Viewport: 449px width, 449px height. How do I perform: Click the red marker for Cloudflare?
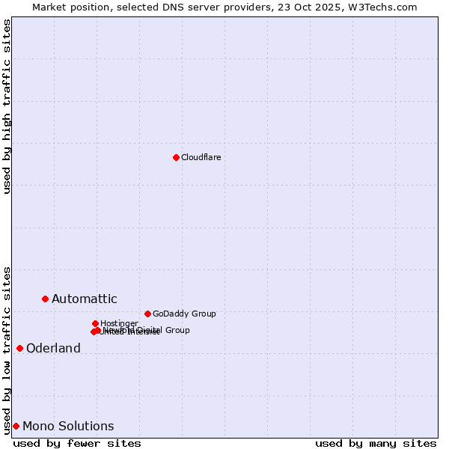[x=176, y=157]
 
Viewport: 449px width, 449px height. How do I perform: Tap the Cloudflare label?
[x=201, y=157]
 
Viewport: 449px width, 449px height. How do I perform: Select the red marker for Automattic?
[x=45, y=299]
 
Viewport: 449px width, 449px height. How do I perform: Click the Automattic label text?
[x=84, y=299]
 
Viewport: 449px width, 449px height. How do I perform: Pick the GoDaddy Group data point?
[x=147, y=314]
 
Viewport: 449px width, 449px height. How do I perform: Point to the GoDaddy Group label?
[x=184, y=314]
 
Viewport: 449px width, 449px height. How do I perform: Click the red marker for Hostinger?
[x=95, y=323]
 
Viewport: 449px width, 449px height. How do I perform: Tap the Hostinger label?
[x=119, y=323]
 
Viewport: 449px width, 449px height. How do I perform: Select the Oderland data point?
[x=19, y=348]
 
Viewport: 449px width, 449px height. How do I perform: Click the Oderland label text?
[x=53, y=349]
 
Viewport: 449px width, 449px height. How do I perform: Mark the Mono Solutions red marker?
[x=16, y=426]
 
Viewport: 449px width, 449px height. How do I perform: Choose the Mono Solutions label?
[x=68, y=427]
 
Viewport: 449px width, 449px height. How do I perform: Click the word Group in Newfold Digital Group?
[x=177, y=330]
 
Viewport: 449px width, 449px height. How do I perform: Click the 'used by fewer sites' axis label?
[x=77, y=443]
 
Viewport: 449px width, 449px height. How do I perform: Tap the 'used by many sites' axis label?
[x=376, y=443]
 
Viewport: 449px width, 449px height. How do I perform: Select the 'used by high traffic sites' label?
[x=7, y=106]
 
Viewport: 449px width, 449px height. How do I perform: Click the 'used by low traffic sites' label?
[x=7, y=349]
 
